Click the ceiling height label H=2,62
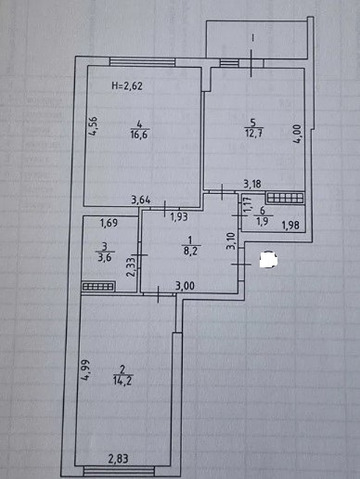127,85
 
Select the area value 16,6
139,135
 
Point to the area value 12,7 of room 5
253,134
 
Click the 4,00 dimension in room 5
298,134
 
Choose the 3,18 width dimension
252,185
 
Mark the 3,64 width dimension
141,200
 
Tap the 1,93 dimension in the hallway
179,216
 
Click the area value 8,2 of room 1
190,251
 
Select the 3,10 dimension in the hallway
232,241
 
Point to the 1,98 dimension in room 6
290,225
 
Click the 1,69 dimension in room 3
109,223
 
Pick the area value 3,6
104,258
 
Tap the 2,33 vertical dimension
132,267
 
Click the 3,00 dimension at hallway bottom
185,285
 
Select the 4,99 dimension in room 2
86,369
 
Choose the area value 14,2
122,381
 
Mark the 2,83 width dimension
118,459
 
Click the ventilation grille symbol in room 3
98,287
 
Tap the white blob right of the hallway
268,259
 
